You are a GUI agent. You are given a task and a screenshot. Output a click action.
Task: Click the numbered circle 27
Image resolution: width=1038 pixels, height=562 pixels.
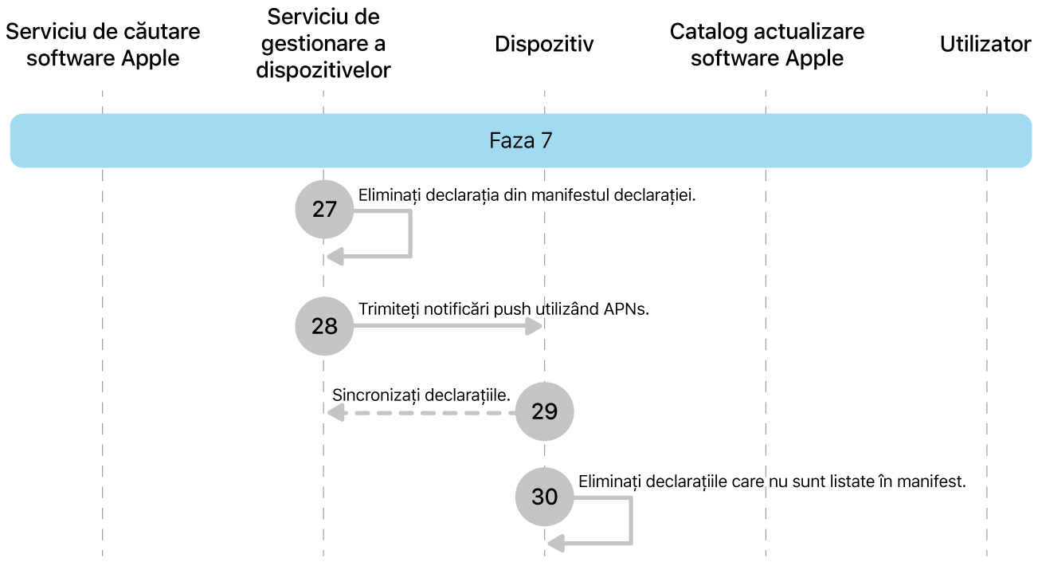(x=324, y=209)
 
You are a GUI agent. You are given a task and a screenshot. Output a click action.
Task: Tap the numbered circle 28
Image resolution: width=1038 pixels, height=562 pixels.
(x=324, y=326)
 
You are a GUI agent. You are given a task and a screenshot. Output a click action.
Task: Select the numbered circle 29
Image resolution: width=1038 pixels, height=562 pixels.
(x=545, y=411)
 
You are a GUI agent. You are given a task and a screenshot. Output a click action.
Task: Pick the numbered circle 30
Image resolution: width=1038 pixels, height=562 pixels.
(x=545, y=497)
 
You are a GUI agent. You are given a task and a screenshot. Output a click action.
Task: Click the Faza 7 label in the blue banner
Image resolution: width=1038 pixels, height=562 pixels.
(x=520, y=141)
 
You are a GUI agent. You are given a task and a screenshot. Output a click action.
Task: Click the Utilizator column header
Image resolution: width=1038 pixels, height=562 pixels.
(x=985, y=45)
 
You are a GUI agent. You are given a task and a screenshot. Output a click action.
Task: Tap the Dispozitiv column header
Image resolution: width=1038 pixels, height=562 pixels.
(x=544, y=45)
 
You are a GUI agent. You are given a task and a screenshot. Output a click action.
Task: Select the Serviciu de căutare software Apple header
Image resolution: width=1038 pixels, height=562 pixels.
(x=103, y=45)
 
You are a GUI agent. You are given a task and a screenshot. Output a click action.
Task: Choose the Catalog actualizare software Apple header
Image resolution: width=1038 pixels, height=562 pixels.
(x=766, y=45)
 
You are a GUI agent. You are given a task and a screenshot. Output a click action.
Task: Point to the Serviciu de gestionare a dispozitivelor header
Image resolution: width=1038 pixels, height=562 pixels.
(x=323, y=44)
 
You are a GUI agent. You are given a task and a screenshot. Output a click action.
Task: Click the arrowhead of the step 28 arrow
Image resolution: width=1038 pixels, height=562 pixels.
(x=534, y=326)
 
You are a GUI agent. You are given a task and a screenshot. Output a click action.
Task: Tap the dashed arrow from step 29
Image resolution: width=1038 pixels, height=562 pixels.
(x=422, y=412)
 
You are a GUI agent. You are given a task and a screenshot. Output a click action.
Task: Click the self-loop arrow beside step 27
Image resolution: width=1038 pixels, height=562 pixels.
(x=409, y=235)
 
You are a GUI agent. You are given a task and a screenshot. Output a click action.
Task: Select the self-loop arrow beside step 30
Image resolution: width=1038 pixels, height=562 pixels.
(x=630, y=522)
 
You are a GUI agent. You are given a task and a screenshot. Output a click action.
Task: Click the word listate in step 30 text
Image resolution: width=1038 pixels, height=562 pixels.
(x=855, y=481)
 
